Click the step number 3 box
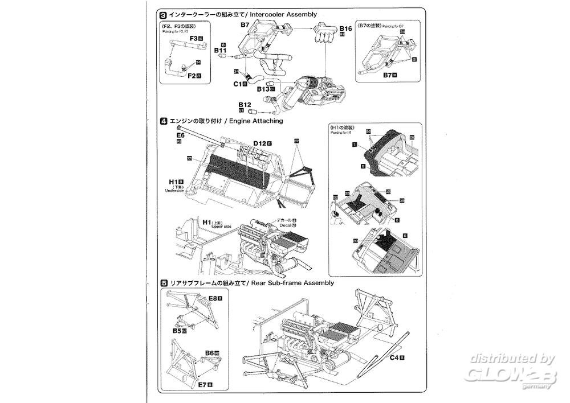point(164,13)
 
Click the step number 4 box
point(164,121)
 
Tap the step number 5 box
point(164,283)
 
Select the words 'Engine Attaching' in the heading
point(255,121)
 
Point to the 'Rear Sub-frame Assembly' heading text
point(291,283)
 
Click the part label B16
point(345,28)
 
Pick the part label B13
point(263,89)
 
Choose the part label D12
point(260,142)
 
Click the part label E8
point(214,298)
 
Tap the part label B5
point(177,330)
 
